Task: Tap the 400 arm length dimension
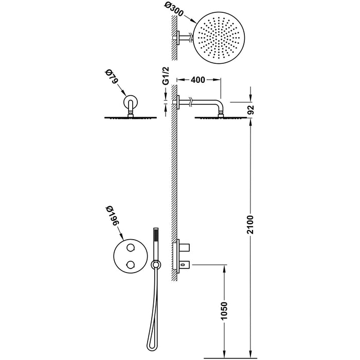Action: (x=197, y=80)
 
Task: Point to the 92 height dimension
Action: (x=251, y=110)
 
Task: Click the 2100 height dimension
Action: (x=251, y=225)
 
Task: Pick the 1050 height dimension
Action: (x=224, y=311)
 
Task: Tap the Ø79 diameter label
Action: (x=112, y=77)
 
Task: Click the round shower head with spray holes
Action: (x=219, y=38)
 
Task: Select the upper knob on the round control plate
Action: (x=131, y=248)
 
